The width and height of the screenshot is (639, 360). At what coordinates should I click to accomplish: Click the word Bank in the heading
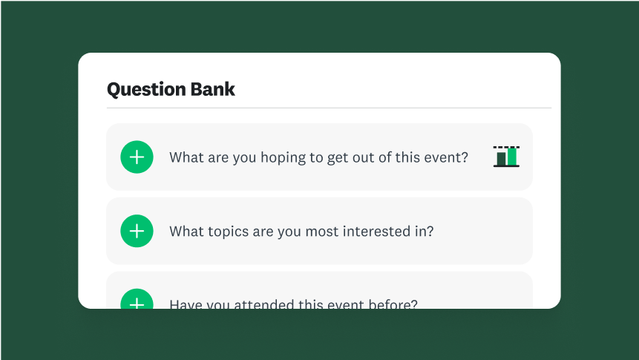[215, 90]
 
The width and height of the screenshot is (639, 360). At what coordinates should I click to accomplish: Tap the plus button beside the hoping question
[137, 157]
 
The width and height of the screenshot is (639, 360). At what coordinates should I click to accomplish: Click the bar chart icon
[506, 157]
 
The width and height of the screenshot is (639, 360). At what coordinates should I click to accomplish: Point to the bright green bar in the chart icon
[512, 157]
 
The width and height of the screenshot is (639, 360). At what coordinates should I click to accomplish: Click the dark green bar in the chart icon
[501, 159]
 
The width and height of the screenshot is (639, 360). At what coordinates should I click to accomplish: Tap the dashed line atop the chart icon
[506, 147]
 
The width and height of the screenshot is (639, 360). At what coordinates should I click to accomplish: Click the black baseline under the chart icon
[506, 166]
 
